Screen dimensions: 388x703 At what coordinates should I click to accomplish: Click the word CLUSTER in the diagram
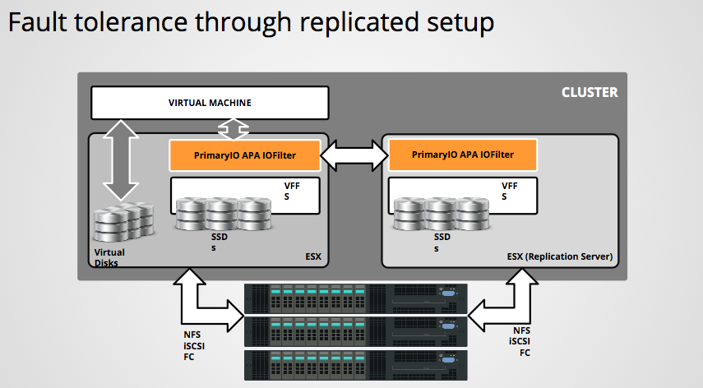coord(589,92)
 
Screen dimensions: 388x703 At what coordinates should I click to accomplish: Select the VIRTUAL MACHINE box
coord(210,103)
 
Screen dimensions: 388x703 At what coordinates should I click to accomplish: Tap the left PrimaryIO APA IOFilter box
coord(244,154)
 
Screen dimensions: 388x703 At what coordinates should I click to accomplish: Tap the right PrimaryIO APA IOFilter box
coord(463,154)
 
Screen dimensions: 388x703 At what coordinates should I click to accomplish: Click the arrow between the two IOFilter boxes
coord(354,154)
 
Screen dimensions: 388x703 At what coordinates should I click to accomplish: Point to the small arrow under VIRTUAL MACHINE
coord(233,129)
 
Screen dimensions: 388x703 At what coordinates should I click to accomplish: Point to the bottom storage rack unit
coord(355,364)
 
